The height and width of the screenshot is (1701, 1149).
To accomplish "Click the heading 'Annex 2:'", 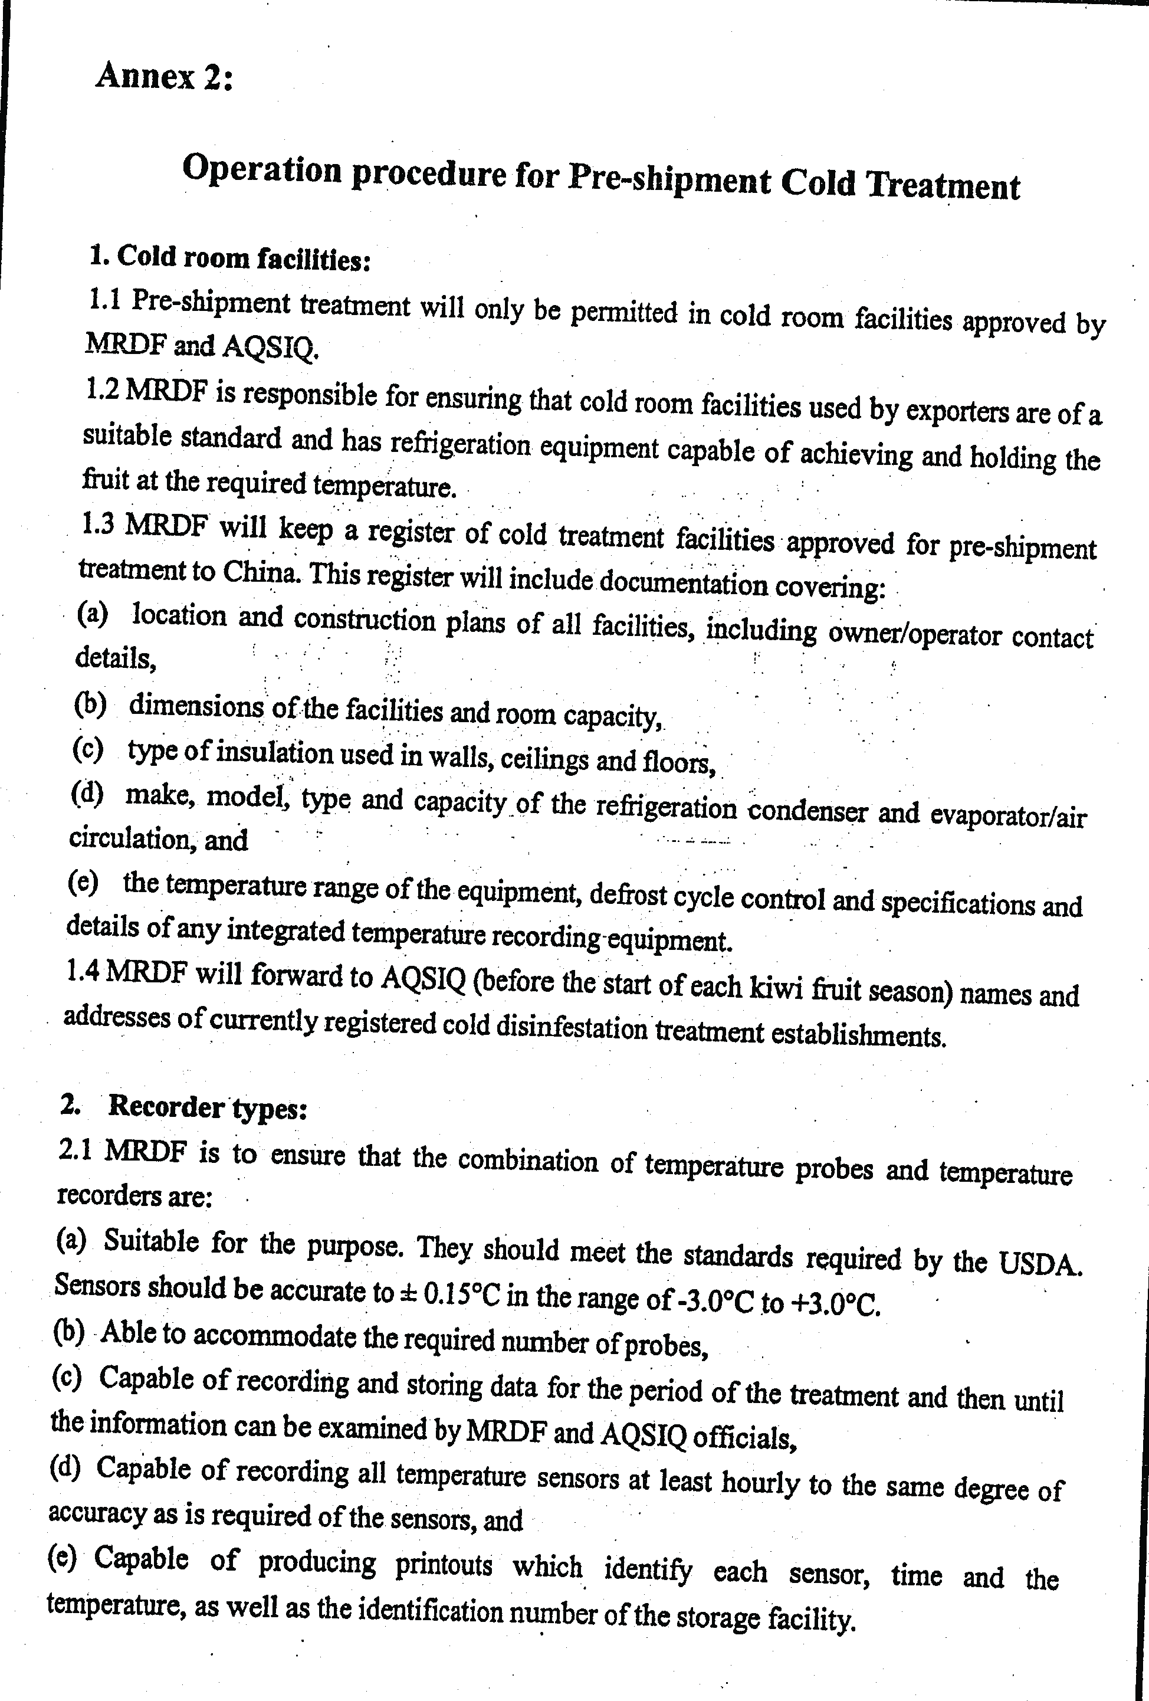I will [x=164, y=76].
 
